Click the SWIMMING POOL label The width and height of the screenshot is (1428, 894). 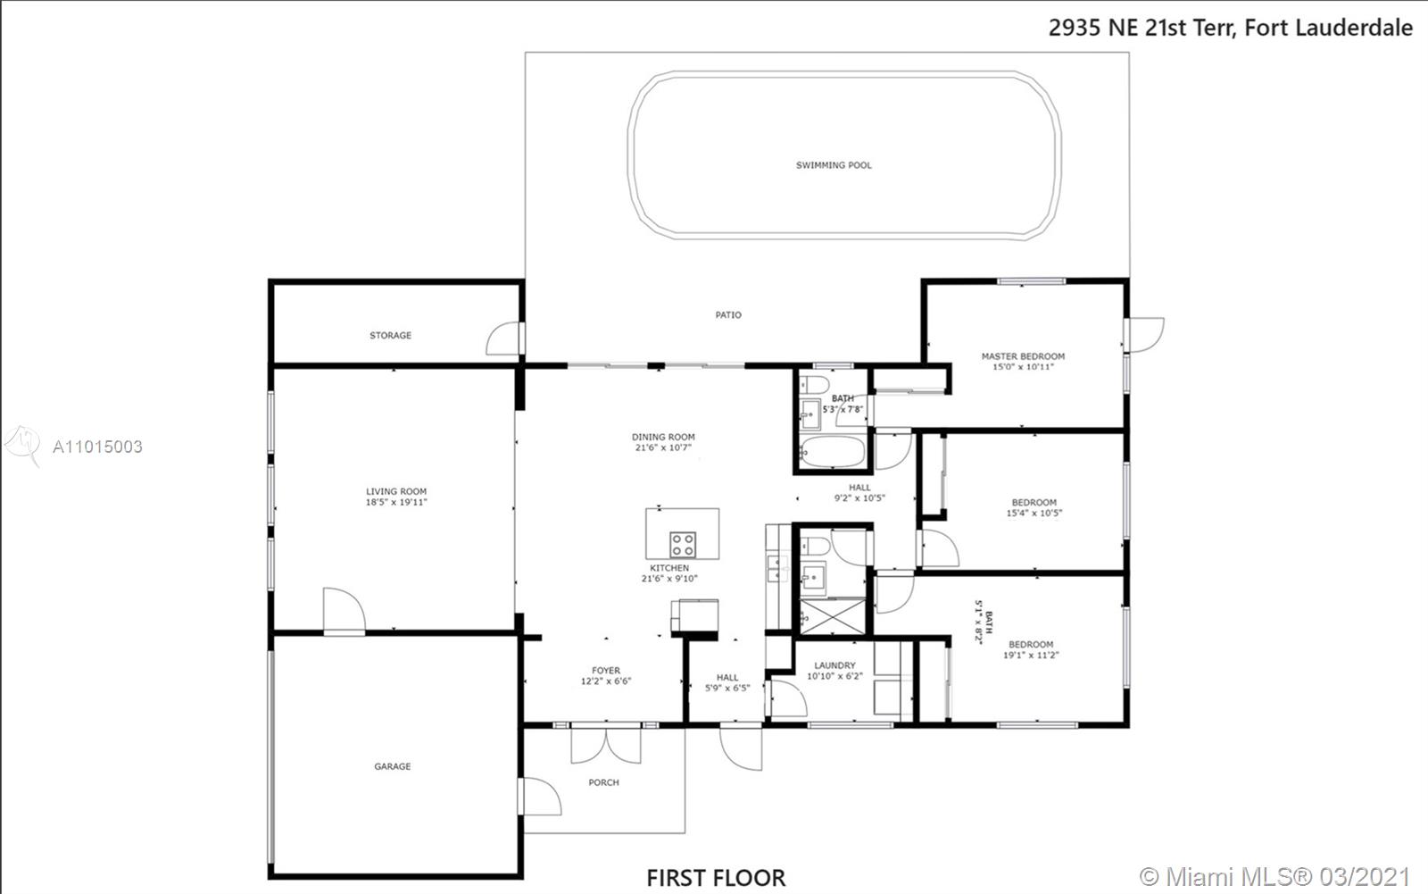(834, 165)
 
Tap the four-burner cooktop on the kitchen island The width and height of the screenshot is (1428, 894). (683, 545)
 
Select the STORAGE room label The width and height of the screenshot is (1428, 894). (391, 335)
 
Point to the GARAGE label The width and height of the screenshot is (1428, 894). (393, 765)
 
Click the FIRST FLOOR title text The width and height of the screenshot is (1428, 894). (716, 878)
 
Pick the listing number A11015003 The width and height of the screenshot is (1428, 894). (97, 447)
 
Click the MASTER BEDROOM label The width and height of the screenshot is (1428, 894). (1023, 356)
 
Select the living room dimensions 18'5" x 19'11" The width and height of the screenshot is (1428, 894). (396, 502)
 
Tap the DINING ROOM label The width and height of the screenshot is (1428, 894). (664, 437)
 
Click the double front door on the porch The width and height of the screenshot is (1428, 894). (606, 746)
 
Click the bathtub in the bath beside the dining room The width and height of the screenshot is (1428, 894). (834, 452)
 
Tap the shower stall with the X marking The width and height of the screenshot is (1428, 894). (833, 617)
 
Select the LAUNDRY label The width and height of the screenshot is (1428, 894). (835, 664)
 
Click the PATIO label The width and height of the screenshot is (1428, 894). (728, 314)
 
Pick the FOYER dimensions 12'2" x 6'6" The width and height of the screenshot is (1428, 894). (606, 681)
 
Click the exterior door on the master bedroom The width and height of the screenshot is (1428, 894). (1145, 335)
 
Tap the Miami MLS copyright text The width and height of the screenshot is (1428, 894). (1274, 876)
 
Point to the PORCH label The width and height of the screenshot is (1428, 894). (603, 782)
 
